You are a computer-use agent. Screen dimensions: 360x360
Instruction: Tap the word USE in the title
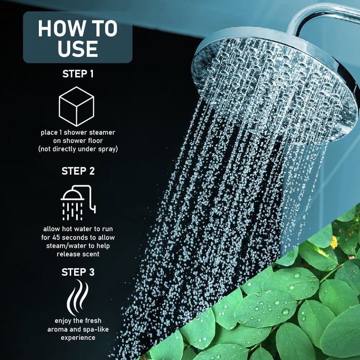tap(77, 49)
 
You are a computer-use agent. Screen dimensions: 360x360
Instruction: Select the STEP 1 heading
tap(78, 74)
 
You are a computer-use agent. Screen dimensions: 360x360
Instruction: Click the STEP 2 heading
tap(78, 171)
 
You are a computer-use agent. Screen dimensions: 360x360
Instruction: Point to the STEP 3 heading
tap(78, 272)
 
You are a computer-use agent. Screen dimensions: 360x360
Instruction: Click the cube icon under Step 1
tap(77, 107)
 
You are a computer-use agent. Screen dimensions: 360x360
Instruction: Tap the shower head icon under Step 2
tap(78, 202)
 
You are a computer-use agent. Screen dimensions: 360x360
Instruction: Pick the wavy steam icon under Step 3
tap(77, 299)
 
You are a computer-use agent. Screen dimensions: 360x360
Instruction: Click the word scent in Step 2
tap(90, 254)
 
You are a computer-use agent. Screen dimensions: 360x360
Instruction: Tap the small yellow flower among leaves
tap(334, 243)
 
